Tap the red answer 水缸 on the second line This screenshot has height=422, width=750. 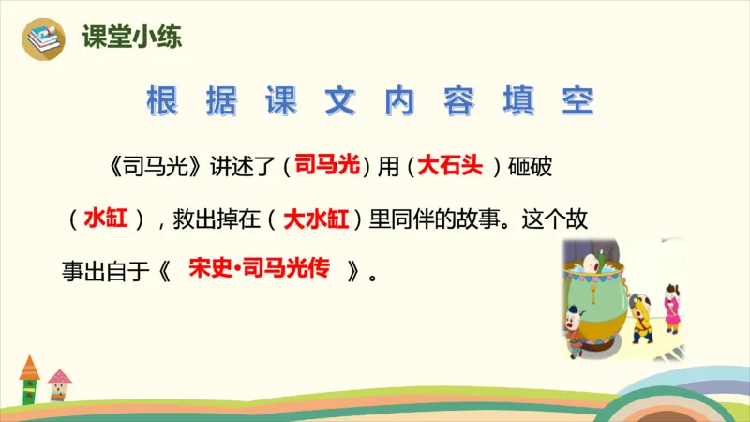click(x=105, y=219)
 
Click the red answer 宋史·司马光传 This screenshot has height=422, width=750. click(x=259, y=270)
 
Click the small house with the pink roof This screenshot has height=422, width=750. click(x=59, y=382)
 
